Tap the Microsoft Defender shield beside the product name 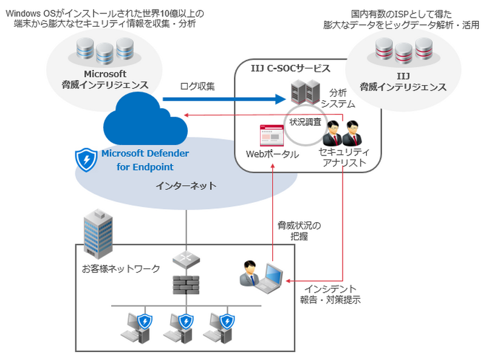(86, 159)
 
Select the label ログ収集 (197, 86)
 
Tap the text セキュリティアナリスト (343, 158)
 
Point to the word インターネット (186, 186)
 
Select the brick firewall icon (186, 284)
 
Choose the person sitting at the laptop (248, 274)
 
